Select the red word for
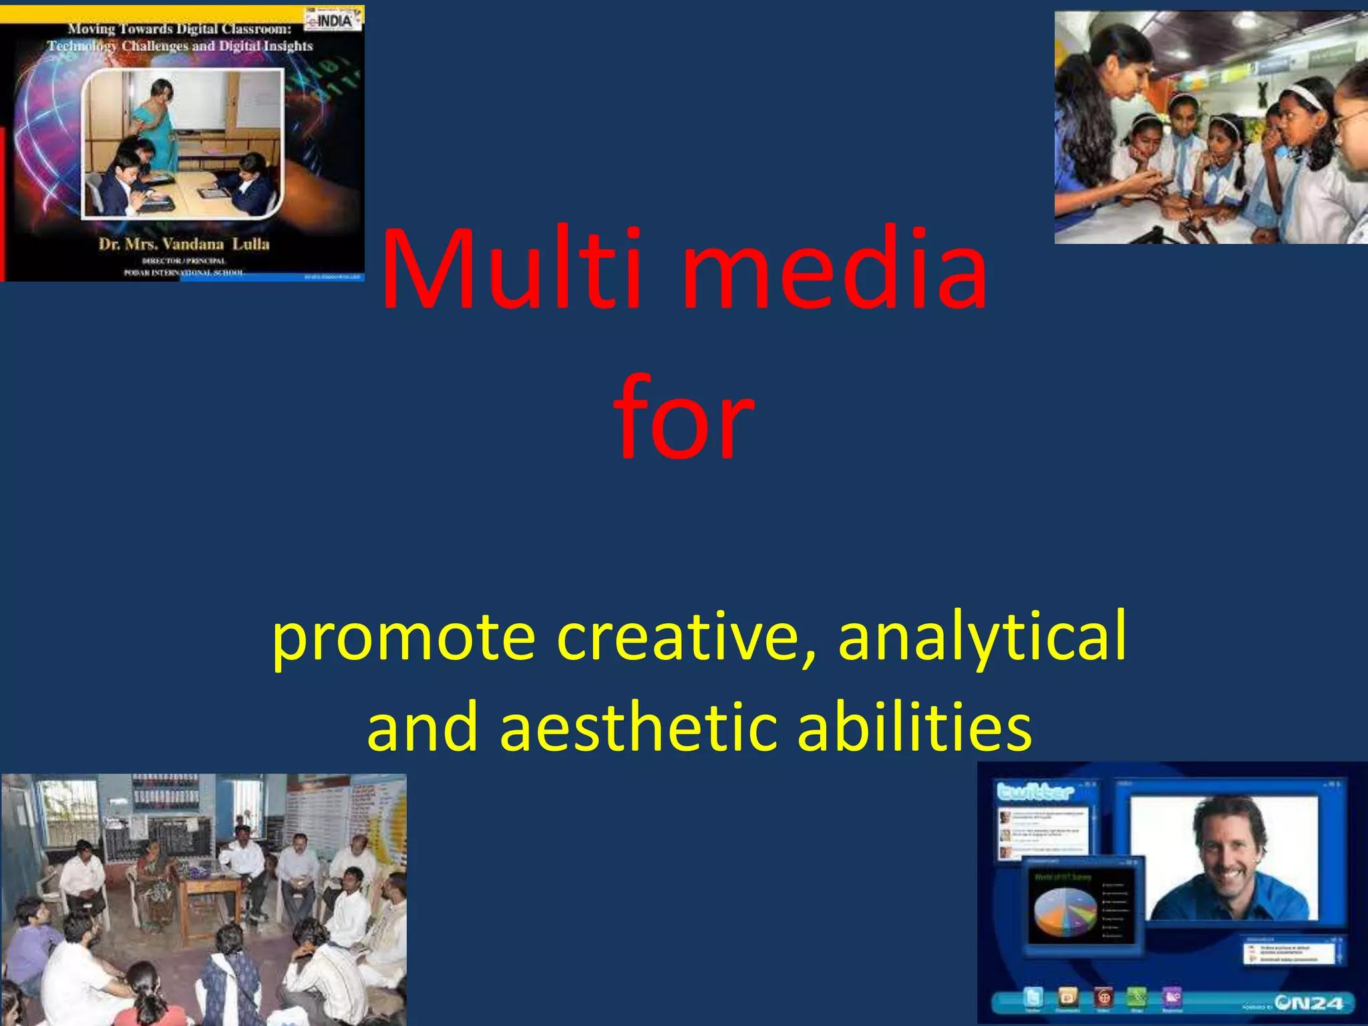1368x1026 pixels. coord(683,417)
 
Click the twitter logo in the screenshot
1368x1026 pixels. coord(1035,792)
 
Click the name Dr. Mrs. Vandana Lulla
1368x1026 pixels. coord(184,244)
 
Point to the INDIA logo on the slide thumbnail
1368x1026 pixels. coord(333,20)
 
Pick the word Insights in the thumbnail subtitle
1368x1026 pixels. coord(287,46)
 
